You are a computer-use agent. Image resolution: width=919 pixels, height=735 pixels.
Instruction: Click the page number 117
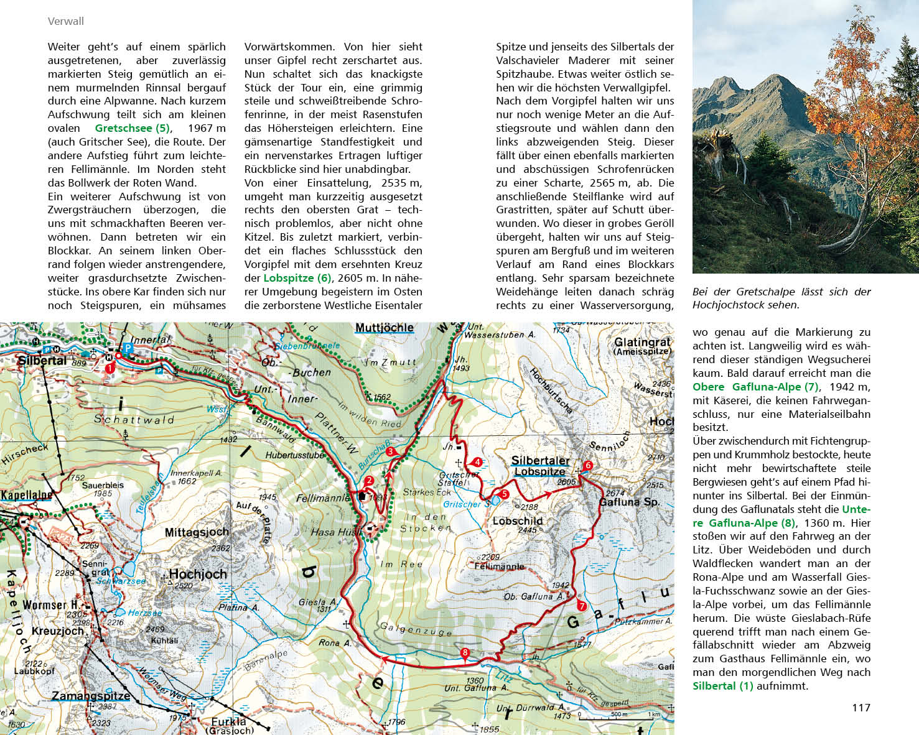861,708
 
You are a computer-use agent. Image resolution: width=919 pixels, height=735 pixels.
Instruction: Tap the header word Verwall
65,21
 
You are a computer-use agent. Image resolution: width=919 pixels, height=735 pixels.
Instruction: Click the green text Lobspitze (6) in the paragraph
297,278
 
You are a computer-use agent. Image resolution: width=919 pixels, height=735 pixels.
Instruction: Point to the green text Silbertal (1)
722,686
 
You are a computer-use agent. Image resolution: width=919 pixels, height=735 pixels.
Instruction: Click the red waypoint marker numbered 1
110,368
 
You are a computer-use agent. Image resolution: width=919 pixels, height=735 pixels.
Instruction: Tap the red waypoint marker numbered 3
390,451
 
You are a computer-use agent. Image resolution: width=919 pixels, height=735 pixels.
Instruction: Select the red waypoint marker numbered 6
588,465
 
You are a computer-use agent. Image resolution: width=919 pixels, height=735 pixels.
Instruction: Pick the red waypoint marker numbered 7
582,606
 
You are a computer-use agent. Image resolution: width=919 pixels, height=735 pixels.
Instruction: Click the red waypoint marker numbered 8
465,652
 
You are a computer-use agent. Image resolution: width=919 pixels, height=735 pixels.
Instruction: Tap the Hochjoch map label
198,574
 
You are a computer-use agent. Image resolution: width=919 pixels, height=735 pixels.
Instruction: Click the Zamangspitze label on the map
91,696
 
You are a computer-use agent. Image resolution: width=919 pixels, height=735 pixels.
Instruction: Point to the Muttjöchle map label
384,328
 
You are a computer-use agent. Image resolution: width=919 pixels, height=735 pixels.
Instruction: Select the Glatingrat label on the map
642,343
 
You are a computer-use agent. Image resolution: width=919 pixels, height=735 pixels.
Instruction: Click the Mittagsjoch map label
197,532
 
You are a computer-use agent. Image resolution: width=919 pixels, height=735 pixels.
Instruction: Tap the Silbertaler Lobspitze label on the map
540,466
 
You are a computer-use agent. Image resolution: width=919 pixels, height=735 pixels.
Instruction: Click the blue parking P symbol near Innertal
128,347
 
